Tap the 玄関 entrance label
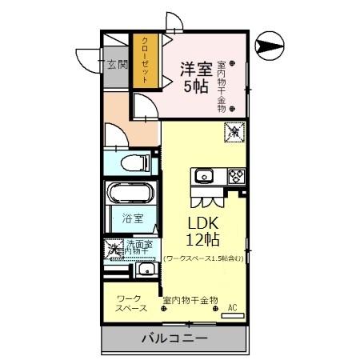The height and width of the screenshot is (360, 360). point(117,66)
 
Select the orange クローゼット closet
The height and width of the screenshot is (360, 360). point(145,62)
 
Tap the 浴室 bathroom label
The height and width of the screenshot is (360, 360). point(131,217)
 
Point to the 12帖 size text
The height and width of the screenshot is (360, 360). point(204,239)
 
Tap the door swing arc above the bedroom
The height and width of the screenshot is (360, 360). point(172,22)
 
